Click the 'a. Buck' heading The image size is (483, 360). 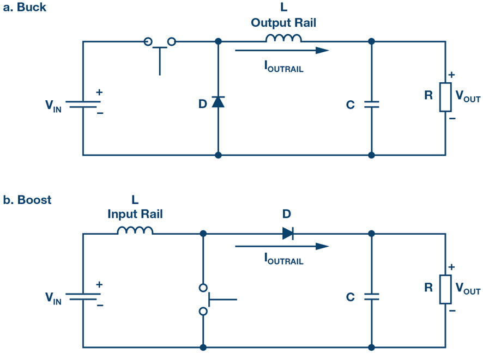click(x=25, y=8)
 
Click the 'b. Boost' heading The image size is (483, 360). click(x=27, y=200)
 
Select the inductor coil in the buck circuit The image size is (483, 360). click(x=283, y=38)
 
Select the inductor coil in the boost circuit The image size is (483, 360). click(x=135, y=230)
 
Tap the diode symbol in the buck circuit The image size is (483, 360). click(x=218, y=101)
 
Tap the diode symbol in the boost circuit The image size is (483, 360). click(x=288, y=234)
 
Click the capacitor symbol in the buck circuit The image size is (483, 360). click(x=371, y=103)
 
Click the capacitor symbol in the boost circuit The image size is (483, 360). click(x=371, y=297)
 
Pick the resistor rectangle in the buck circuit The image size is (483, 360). click(x=445, y=97)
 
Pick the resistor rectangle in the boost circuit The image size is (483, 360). click(x=445, y=289)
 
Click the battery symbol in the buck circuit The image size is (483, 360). click(x=83, y=103)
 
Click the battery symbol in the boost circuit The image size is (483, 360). click(x=83, y=297)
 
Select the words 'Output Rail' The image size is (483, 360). click(x=283, y=23)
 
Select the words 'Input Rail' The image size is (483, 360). click(x=135, y=215)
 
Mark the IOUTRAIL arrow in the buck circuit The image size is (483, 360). click(x=282, y=51)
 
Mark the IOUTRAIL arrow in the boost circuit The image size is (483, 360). click(x=282, y=246)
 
